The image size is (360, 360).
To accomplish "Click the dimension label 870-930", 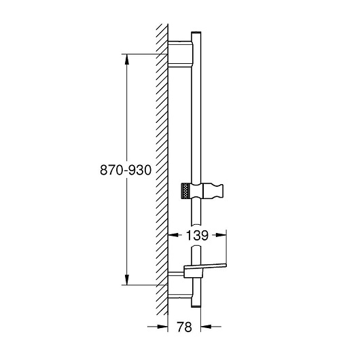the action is pyautogui.click(x=126, y=170).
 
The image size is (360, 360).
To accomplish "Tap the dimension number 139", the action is pyautogui.click(x=197, y=235).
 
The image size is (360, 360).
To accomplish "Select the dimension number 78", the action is pyautogui.click(x=184, y=327).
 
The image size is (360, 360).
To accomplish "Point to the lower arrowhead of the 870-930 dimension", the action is pyautogui.click(x=127, y=279).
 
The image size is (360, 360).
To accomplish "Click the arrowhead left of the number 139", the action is pyautogui.click(x=173, y=235).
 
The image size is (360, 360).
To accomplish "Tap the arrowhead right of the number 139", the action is pyautogui.click(x=221, y=235).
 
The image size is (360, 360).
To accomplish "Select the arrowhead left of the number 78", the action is pyautogui.click(x=162, y=326).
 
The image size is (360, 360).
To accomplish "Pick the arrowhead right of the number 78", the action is pyautogui.click(x=206, y=326).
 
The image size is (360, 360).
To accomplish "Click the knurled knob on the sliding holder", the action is pyautogui.click(x=185, y=191).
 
